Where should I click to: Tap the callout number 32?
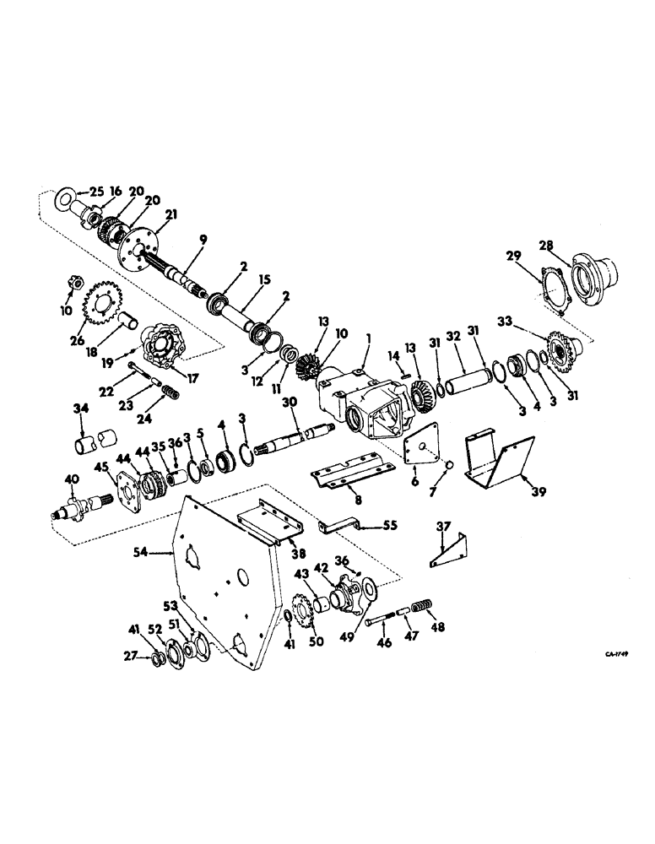(452, 335)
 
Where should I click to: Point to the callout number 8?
(358, 500)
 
